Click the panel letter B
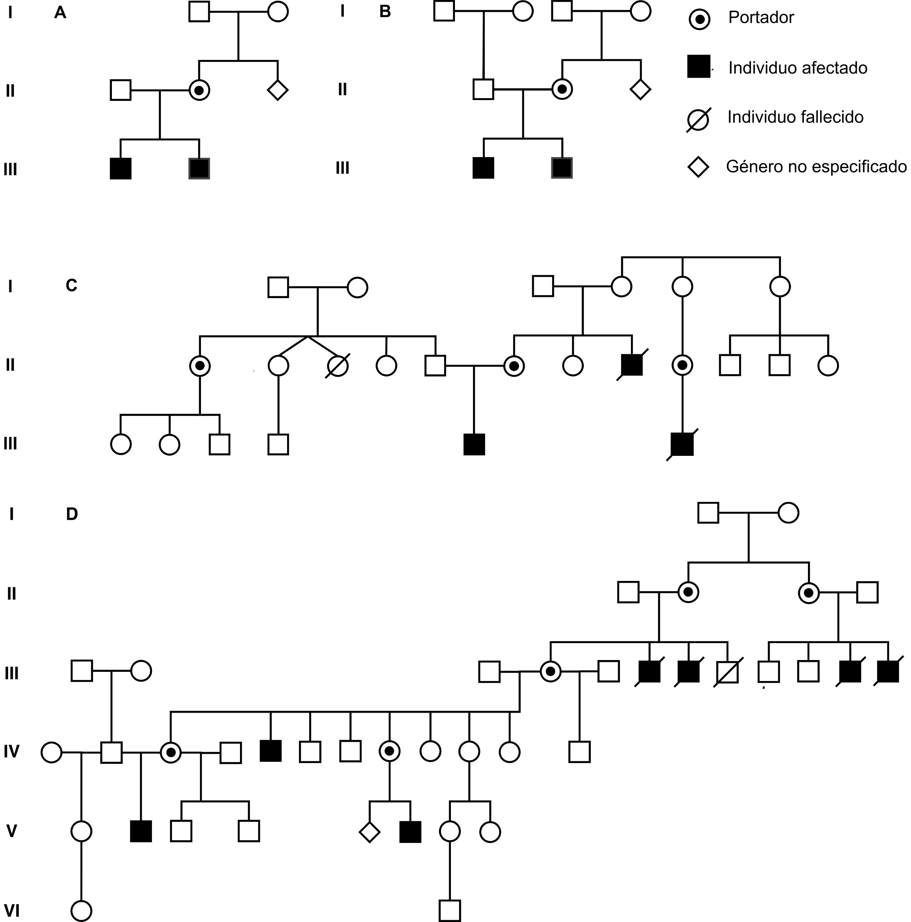(x=385, y=11)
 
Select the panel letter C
(x=71, y=286)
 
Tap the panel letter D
(x=72, y=514)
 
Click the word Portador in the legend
(x=760, y=18)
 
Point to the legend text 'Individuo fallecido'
(x=795, y=117)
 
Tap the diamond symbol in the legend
(x=698, y=167)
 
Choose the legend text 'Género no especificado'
(x=816, y=167)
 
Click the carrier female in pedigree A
(x=199, y=90)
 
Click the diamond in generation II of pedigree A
(x=278, y=90)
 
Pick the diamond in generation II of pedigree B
(x=640, y=89)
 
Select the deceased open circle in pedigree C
(x=338, y=366)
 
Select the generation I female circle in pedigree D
(x=788, y=513)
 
